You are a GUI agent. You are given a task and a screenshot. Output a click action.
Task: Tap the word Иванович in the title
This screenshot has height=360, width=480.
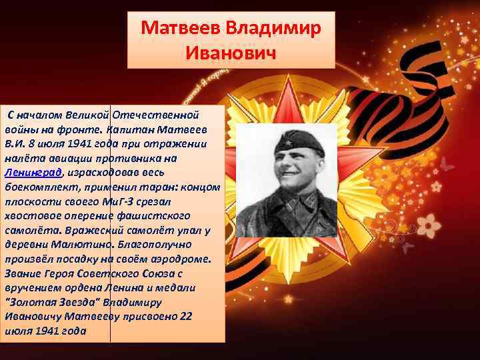click(x=231, y=51)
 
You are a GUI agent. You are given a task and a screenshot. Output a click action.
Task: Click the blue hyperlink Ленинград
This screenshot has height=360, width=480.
click(x=33, y=172)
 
